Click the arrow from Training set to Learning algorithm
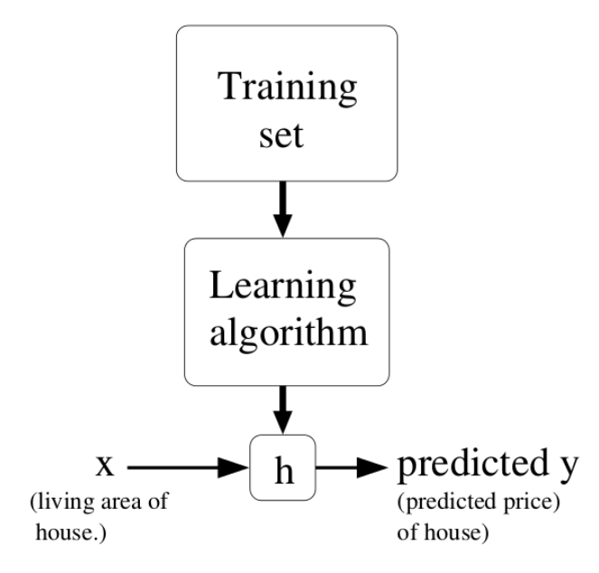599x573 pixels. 285,207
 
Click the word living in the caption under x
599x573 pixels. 54,503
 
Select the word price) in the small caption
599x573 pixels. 513,503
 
